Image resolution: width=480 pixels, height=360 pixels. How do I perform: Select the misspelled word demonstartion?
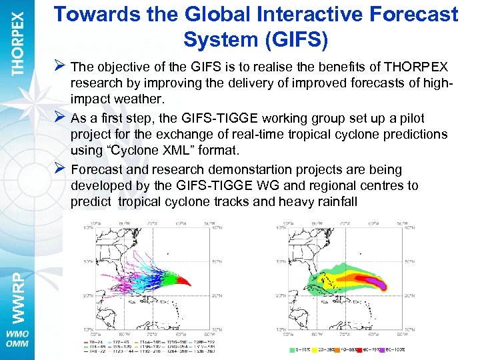[x=230, y=170]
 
